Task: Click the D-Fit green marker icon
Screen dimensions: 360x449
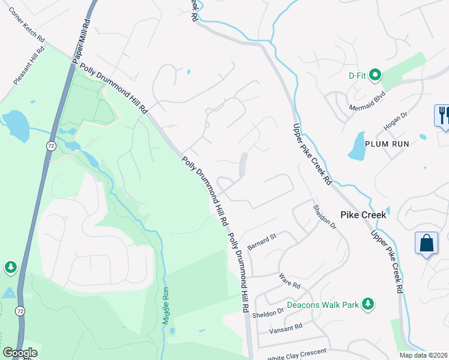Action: click(x=375, y=75)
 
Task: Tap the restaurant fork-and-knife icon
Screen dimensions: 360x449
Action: click(x=443, y=114)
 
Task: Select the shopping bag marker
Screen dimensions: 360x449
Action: click(x=426, y=244)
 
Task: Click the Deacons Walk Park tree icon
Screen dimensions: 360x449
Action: click(x=369, y=305)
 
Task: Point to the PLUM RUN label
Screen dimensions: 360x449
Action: click(x=388, y=144)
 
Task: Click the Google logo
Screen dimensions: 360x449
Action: click(x=20, y=353)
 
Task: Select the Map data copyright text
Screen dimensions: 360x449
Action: click(x=423, y=355)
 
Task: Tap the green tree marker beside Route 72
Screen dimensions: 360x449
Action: click(x=10, y=268)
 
